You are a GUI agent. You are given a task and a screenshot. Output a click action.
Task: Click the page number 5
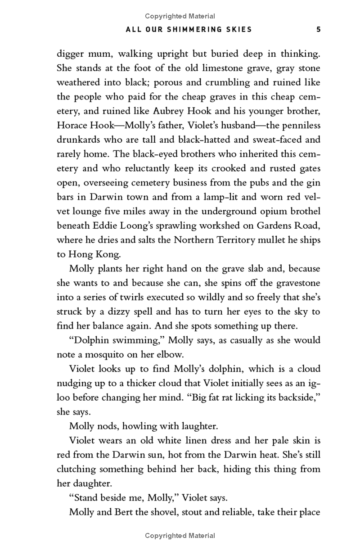tap(318, 30)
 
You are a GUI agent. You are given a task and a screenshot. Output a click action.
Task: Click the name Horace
tap(73, 126)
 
